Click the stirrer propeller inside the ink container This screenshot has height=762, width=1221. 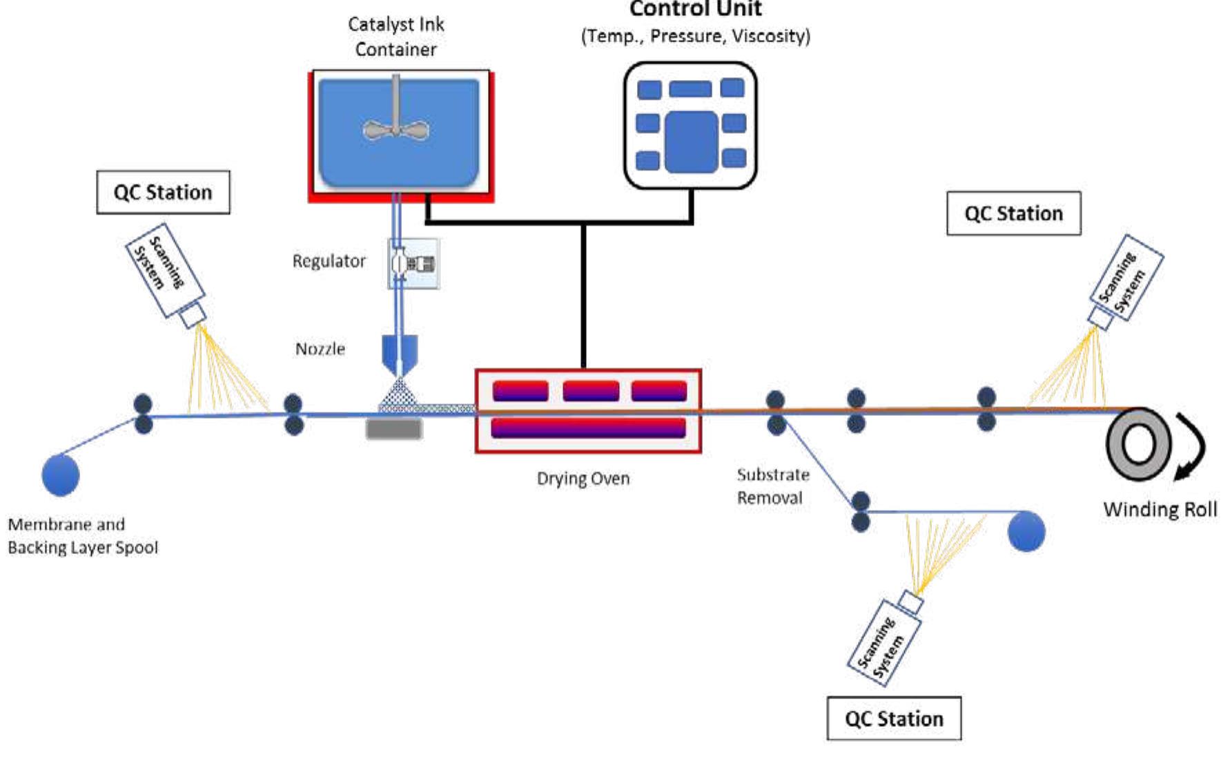pos(395,130)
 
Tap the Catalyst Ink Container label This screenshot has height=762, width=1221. pos(395,37)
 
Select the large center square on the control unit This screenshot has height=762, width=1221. pos(691,142)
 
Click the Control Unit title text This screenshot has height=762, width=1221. pos(695,9)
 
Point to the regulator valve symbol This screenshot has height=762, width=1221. pos(413,263)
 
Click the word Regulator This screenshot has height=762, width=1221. pos(329,261)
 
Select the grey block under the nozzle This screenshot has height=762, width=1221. pos(393,429)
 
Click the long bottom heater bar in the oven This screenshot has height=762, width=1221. pos(588,428)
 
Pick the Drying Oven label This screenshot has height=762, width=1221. pos(583,478)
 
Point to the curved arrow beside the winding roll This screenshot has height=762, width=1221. pos(1192,446)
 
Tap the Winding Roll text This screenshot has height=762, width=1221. pos(1160,509)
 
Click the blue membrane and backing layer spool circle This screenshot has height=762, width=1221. pos(61,475)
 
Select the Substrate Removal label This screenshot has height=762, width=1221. pos(772,486)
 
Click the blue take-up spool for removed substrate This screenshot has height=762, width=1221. pos(1026,531)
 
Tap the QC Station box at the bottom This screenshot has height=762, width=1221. pos(893,718)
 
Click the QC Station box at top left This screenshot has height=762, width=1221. pos(163,192)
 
